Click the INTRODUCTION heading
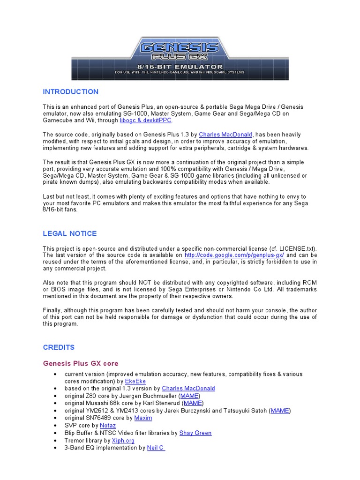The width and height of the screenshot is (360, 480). click(x=71, y=91)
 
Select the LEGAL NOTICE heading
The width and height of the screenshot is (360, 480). click(x=70, y=233)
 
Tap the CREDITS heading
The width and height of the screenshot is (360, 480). click(x=59, y=347)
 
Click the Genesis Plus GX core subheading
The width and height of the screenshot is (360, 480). click(x=81, y=363)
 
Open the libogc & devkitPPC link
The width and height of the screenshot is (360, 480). click(x=146, y=120)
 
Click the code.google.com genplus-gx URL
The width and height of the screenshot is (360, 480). click(x=234, y=255)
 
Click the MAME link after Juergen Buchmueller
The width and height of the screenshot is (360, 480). click(x=190, y=396)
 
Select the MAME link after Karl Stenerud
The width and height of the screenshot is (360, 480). click(x=193, y=403)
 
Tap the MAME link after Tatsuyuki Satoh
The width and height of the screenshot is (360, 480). click(x=280, y=410)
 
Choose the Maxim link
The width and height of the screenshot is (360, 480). click(x=143, y=417)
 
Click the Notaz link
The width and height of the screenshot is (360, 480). click(x=108, y=425)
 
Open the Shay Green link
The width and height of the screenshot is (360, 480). click(x=195, y=433)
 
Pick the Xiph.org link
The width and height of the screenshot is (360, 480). click(x=123, y=440)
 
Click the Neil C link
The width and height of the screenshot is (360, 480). click(x=155, y=448)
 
